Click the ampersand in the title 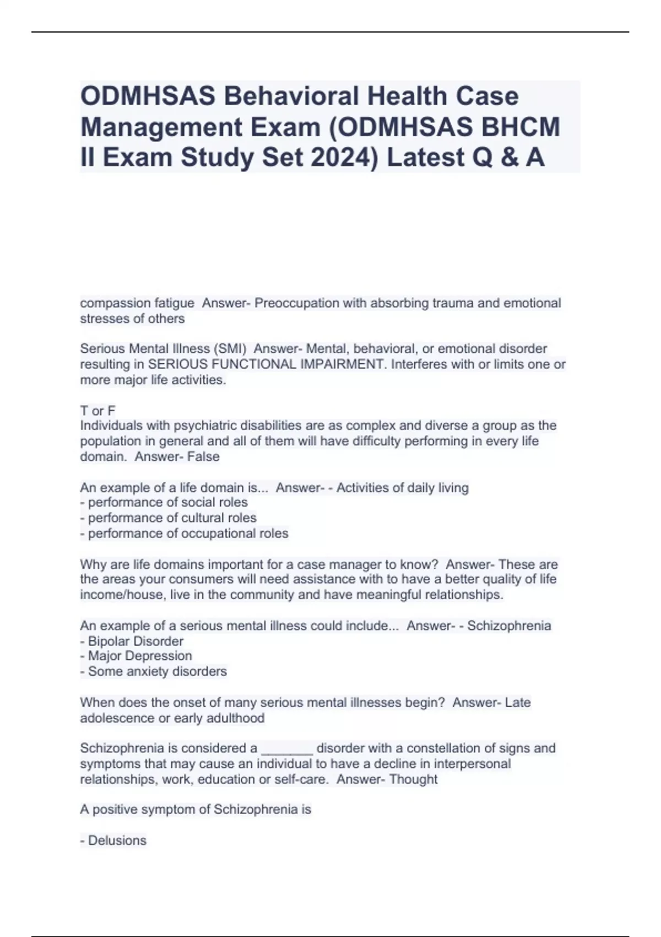pyautogui.click(x=503, y=158)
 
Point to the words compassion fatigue pyautogui.click(x=137, y=303)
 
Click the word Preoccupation pyautogui.click(x=297, y=303)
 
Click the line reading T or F pyautogui.click(x=97, y=411)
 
